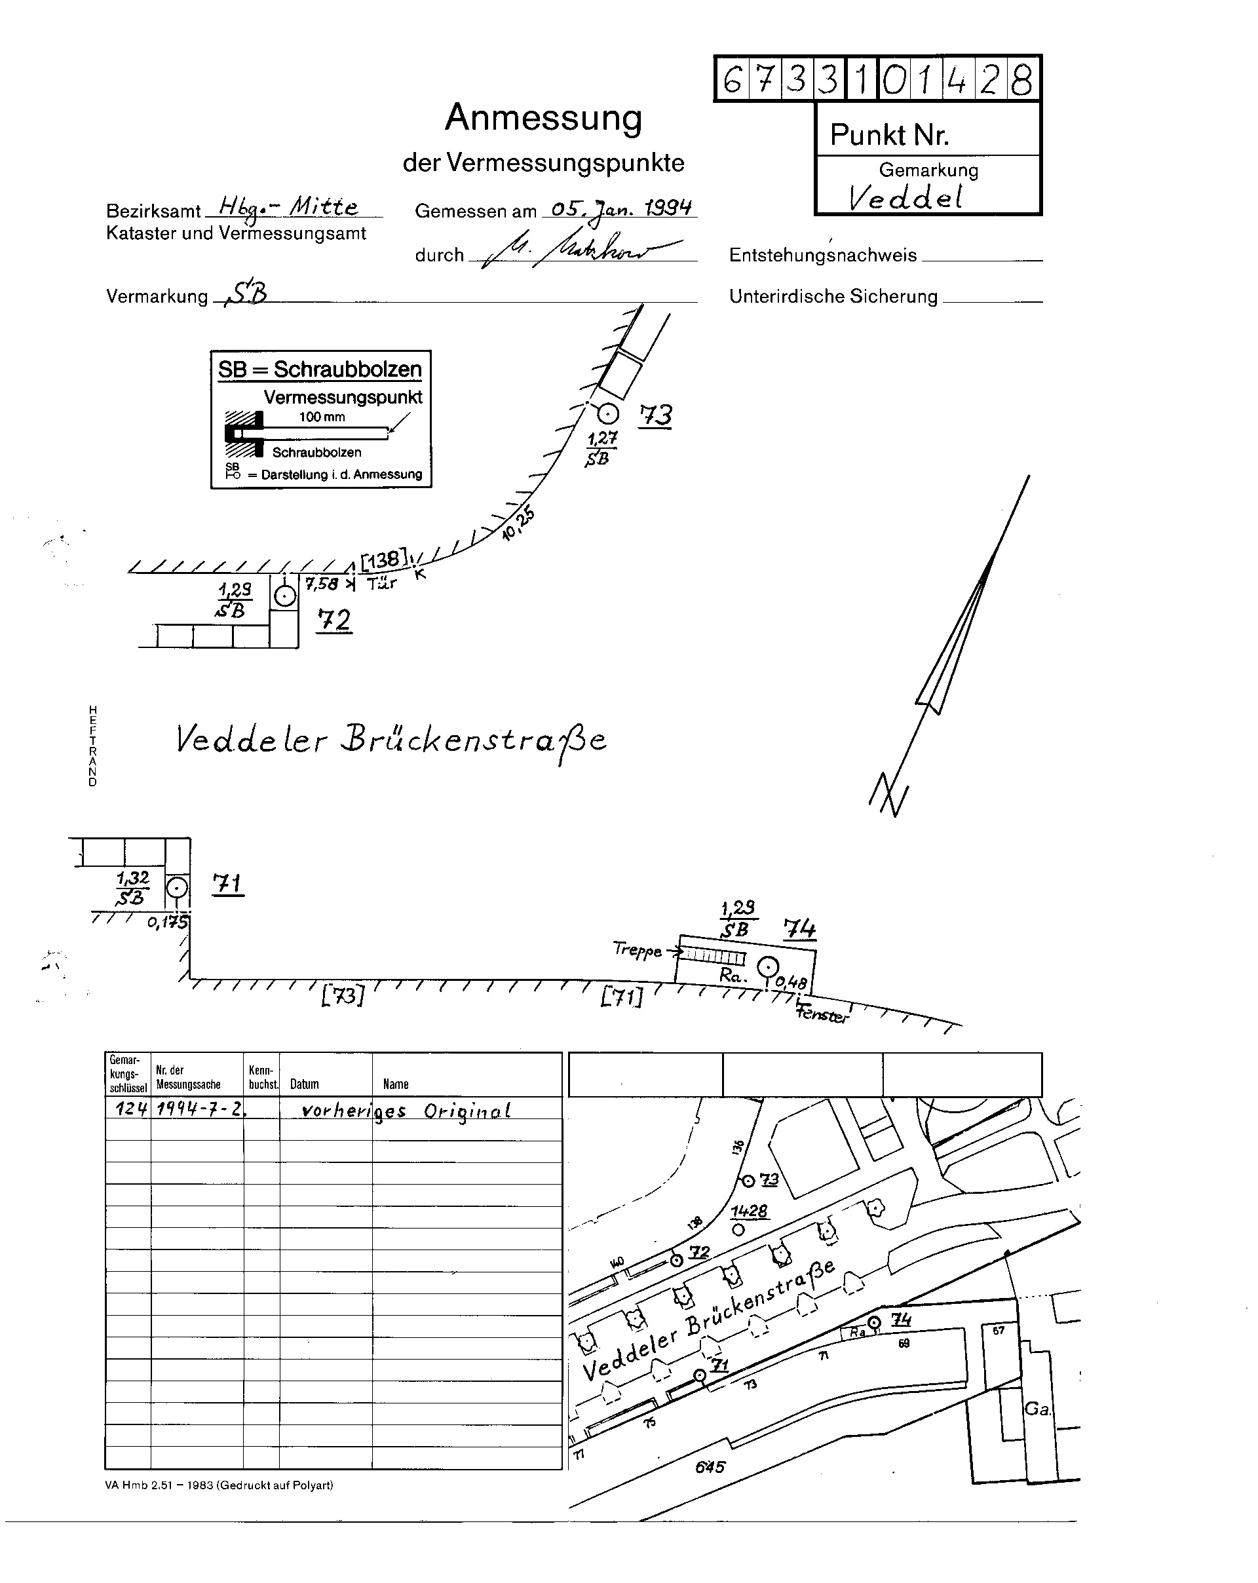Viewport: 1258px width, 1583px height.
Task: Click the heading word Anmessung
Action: point(543,117)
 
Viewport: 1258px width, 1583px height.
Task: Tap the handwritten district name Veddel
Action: point(905,197)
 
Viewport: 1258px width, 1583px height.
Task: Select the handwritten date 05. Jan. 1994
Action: point(621,208)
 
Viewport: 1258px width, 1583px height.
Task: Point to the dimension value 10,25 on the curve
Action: point(518,524)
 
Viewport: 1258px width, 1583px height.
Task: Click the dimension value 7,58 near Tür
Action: point(322,584)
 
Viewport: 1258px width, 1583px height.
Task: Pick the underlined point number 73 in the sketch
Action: point(655,415)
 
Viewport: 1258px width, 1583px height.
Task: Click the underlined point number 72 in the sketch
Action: point(334,620)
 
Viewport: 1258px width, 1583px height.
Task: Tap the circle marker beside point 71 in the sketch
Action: point(176,888)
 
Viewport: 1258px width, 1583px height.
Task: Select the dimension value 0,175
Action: point(168,922)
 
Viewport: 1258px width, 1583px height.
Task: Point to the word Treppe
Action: point(637,950)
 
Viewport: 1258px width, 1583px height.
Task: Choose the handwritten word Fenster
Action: point(822,1016)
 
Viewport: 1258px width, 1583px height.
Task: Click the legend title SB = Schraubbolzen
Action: point(320,370)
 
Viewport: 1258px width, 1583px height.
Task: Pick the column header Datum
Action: point(304,1084)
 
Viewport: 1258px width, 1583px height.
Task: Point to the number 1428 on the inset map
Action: point(749,1211)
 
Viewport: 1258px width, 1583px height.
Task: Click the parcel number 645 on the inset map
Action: point(710,1467)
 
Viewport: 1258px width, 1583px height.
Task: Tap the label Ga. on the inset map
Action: point(1037,1409)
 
